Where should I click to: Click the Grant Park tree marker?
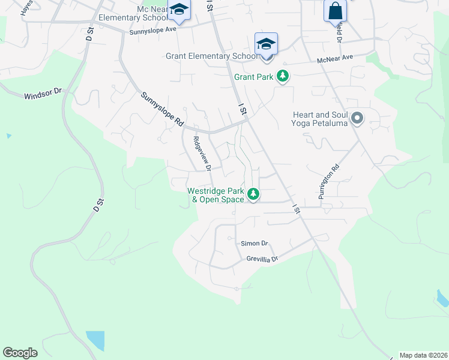[x=283, y=77]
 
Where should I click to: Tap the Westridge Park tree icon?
[x=253, y=194]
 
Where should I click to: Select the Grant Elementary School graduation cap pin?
[x=266, y=44]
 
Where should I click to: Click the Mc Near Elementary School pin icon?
[x=178, y=10]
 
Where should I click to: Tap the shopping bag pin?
[x=335, y=11]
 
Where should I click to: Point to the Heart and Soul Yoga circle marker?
[x=357, y=118]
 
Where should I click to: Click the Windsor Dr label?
[x=43, y=94]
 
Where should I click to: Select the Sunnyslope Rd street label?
[x=162, y=109]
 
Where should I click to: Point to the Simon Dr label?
[x=254, y=243]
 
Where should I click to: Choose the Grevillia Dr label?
[x=263, y=259]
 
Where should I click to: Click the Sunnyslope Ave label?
[x=153, y=29]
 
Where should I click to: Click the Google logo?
[x=20, y=353]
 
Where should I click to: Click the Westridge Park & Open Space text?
[x=215, y=195]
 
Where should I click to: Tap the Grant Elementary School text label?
[x=211, y=56]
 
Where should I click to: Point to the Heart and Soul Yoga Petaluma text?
[x=319, y=119]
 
